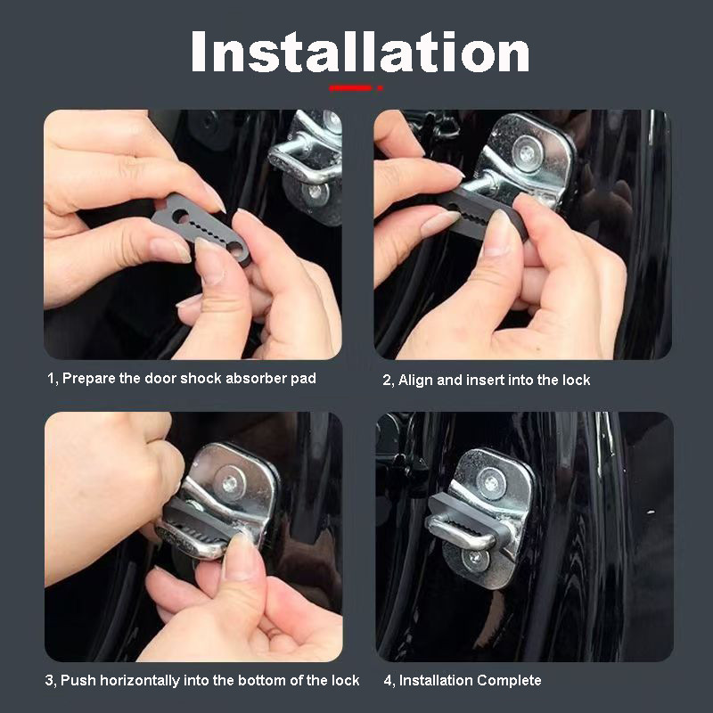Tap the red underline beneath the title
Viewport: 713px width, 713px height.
355,87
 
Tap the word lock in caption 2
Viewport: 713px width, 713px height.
576,380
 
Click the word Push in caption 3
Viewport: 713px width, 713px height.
76,680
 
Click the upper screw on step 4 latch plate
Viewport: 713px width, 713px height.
489,482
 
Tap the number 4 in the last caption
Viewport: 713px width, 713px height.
388,680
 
